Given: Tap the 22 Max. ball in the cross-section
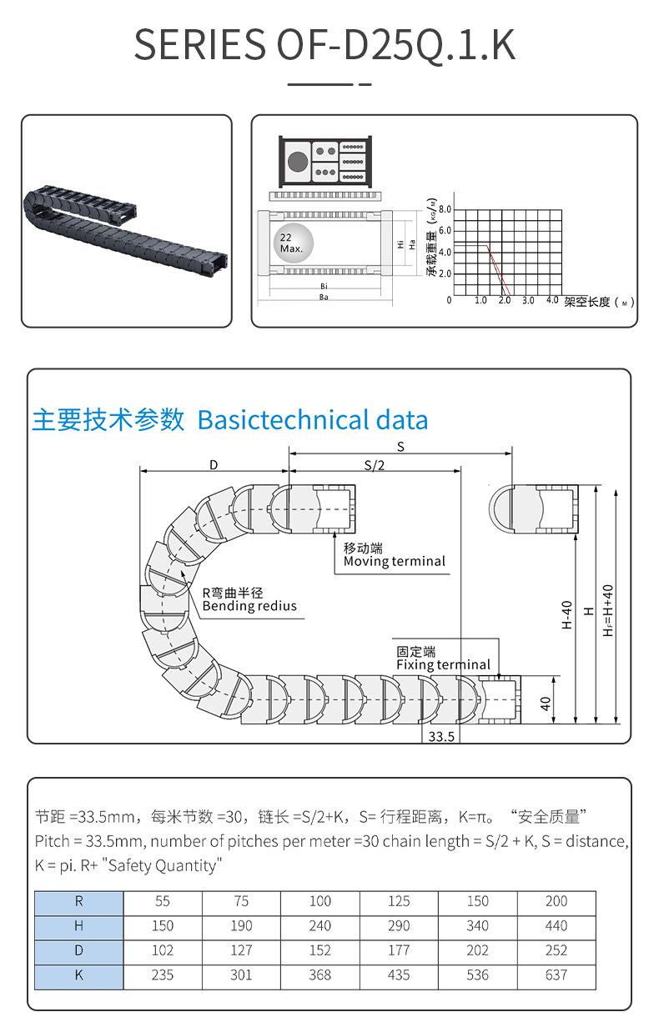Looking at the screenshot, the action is coord(292,243).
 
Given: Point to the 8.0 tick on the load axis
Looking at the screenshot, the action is coord(445,209).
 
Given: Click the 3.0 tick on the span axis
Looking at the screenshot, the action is coord(528,300).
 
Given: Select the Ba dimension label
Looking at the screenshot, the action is coord(323,298).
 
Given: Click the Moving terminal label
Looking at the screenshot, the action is coord(395,561).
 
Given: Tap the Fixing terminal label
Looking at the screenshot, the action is coord(443,664).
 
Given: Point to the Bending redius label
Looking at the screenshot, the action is coord(249,606).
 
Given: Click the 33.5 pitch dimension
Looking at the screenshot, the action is coord(440,737).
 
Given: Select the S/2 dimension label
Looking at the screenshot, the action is coord(375,465).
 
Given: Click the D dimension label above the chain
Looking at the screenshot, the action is coord(214,464).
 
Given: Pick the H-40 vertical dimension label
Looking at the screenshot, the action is coord(567,614).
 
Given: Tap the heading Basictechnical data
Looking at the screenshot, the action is coord(313,419).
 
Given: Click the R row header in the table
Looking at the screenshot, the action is coord(79,901).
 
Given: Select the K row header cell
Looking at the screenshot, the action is coord(79,975).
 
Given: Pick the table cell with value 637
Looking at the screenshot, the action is coord(556,975).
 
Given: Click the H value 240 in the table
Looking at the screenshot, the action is coord(319,926).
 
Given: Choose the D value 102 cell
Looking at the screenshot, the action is coord(163,950).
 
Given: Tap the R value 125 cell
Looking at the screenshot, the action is coord(399,901).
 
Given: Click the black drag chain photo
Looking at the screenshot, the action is coord(125,222).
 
